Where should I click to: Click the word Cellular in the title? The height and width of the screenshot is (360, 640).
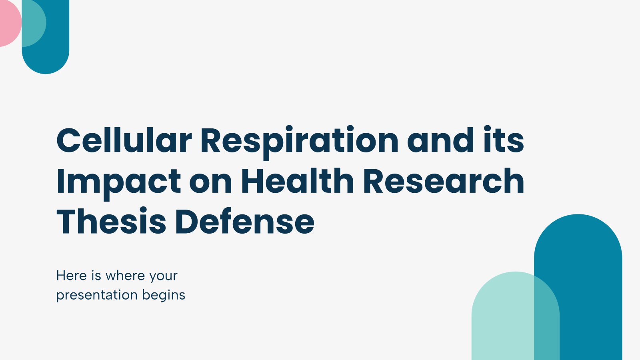coord(124,140)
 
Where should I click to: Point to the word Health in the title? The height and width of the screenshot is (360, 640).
coord(298,180)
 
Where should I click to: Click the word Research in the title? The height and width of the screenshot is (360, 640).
coord(444,181)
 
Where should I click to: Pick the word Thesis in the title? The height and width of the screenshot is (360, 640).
coord(111,221)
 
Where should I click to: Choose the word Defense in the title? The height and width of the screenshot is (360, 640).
coord(245,222)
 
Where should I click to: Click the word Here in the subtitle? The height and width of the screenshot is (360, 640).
coord(72,276)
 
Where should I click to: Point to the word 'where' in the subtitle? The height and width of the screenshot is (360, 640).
coord(125,276)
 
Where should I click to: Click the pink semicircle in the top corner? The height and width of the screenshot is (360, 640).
coord(10,23)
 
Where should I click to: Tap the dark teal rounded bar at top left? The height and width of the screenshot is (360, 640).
coord(57,43)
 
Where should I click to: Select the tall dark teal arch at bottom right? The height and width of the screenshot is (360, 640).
coord(588,286)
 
